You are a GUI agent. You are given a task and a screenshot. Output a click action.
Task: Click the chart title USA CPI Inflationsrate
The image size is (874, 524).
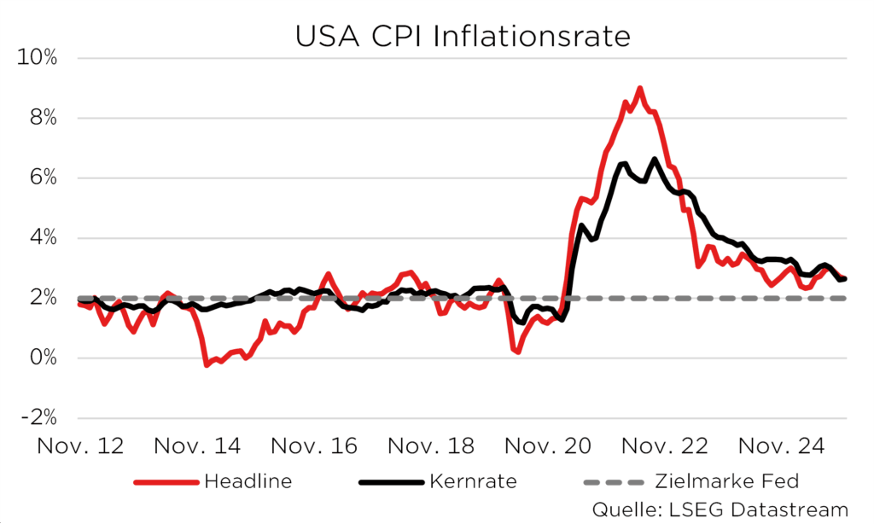[462, 37]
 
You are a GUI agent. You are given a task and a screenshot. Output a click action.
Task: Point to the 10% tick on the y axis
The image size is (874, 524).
[38, 59]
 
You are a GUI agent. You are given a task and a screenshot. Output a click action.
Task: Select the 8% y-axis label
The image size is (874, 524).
[43, 119]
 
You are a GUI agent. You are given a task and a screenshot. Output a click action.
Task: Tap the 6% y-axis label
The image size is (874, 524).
[43, 178]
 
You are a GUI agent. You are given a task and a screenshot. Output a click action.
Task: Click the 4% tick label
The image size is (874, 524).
[43, 238]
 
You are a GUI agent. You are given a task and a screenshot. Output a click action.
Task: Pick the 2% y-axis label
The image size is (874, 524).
[43, 299]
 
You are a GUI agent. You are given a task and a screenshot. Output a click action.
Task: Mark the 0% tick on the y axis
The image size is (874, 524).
[43, 358]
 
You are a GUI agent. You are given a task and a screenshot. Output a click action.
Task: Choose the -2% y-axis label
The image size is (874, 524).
[38, 418]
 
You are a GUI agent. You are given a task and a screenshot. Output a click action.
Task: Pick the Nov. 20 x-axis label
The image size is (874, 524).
[545, 446]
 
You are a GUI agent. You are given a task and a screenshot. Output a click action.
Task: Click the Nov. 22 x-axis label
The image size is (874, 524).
[662, 446]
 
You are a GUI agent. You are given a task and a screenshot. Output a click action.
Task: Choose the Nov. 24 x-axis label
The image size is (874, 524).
[778, 446]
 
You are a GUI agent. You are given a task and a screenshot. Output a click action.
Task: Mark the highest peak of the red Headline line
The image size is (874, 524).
[639, 88]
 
